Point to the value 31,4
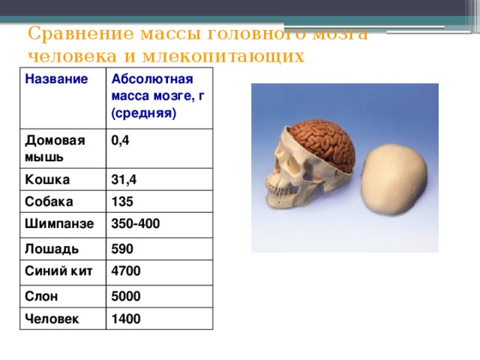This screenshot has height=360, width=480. (x=123, y=179)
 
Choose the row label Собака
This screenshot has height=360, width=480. (x=49, y=202)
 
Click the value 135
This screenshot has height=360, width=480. (x=121, y=202)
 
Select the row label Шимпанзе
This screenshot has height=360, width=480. (x=59, y=223)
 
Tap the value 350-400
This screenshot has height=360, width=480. (x=136, y=224)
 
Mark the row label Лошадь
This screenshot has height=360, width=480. (x=49, y=246)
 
